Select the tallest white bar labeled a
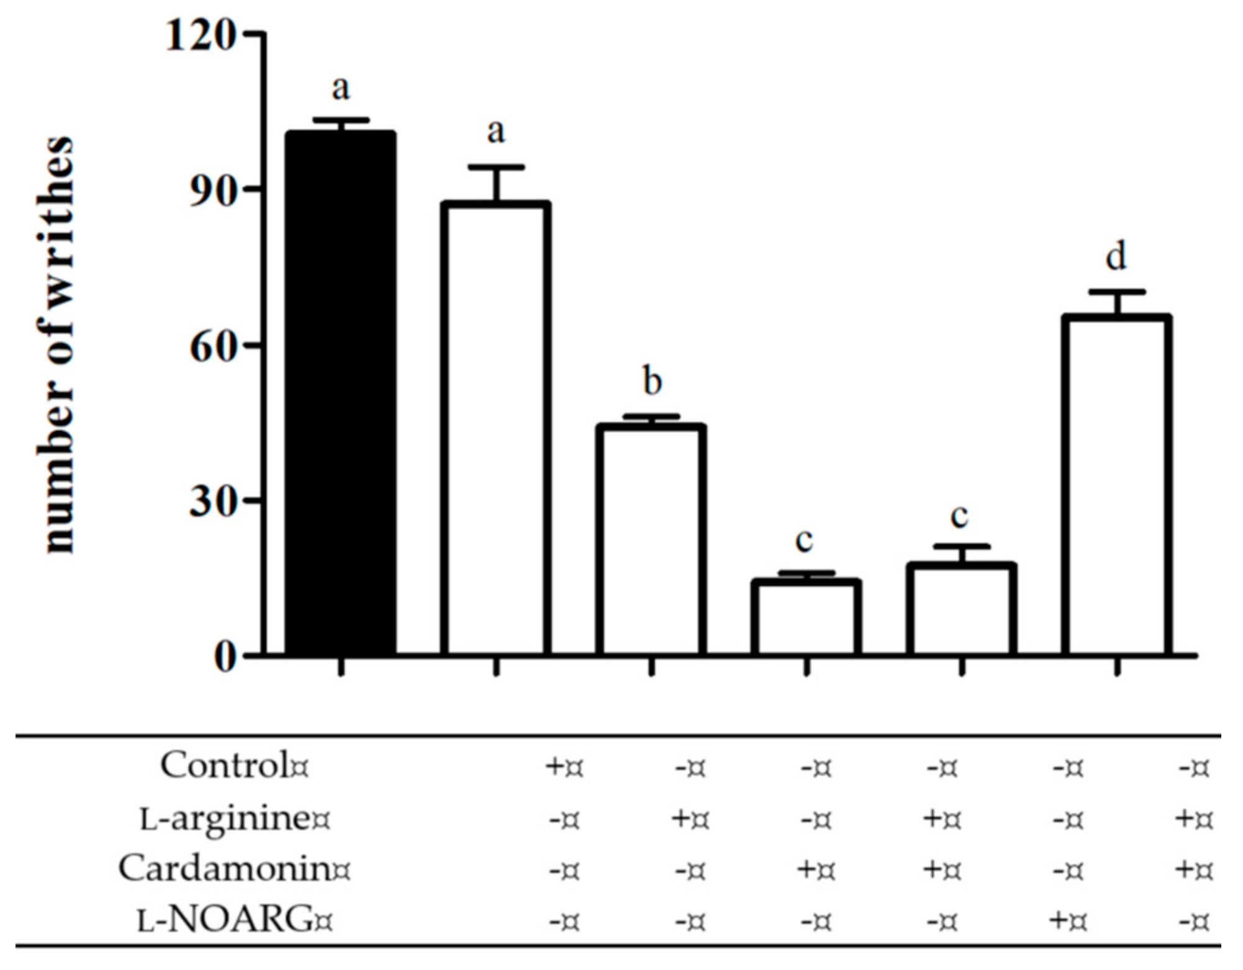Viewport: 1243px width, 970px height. [495, 428]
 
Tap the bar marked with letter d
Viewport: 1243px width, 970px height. [1116, 484]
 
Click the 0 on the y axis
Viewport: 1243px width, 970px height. [225, 657]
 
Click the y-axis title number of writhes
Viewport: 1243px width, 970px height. [57, 344]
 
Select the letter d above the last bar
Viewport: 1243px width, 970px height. [1116, 256]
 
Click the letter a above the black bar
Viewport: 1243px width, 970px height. [340, 88]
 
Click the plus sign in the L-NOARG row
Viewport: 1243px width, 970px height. [1060, 920]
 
